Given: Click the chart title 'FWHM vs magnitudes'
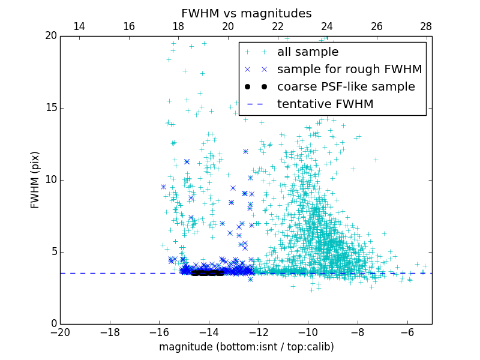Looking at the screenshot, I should [246, 13].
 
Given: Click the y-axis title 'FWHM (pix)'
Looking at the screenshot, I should [35, 180].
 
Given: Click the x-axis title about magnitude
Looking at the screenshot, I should [246, 347].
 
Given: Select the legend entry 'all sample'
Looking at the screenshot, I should [307, 52].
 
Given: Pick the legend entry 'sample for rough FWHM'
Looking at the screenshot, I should [349, 70].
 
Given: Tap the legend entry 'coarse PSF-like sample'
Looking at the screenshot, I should [346, 87].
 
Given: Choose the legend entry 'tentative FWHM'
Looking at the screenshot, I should [325, 104].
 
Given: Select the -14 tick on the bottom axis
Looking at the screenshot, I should [209, 332].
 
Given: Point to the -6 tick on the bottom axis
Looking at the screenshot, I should [407, 332].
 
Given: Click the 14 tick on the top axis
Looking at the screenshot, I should [79, 26].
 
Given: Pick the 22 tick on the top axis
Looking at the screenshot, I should [277, 26].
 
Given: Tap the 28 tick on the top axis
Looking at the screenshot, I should [426, 26].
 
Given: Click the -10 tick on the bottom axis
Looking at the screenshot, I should [308, 332].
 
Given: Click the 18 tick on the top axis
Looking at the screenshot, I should [178, 26].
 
